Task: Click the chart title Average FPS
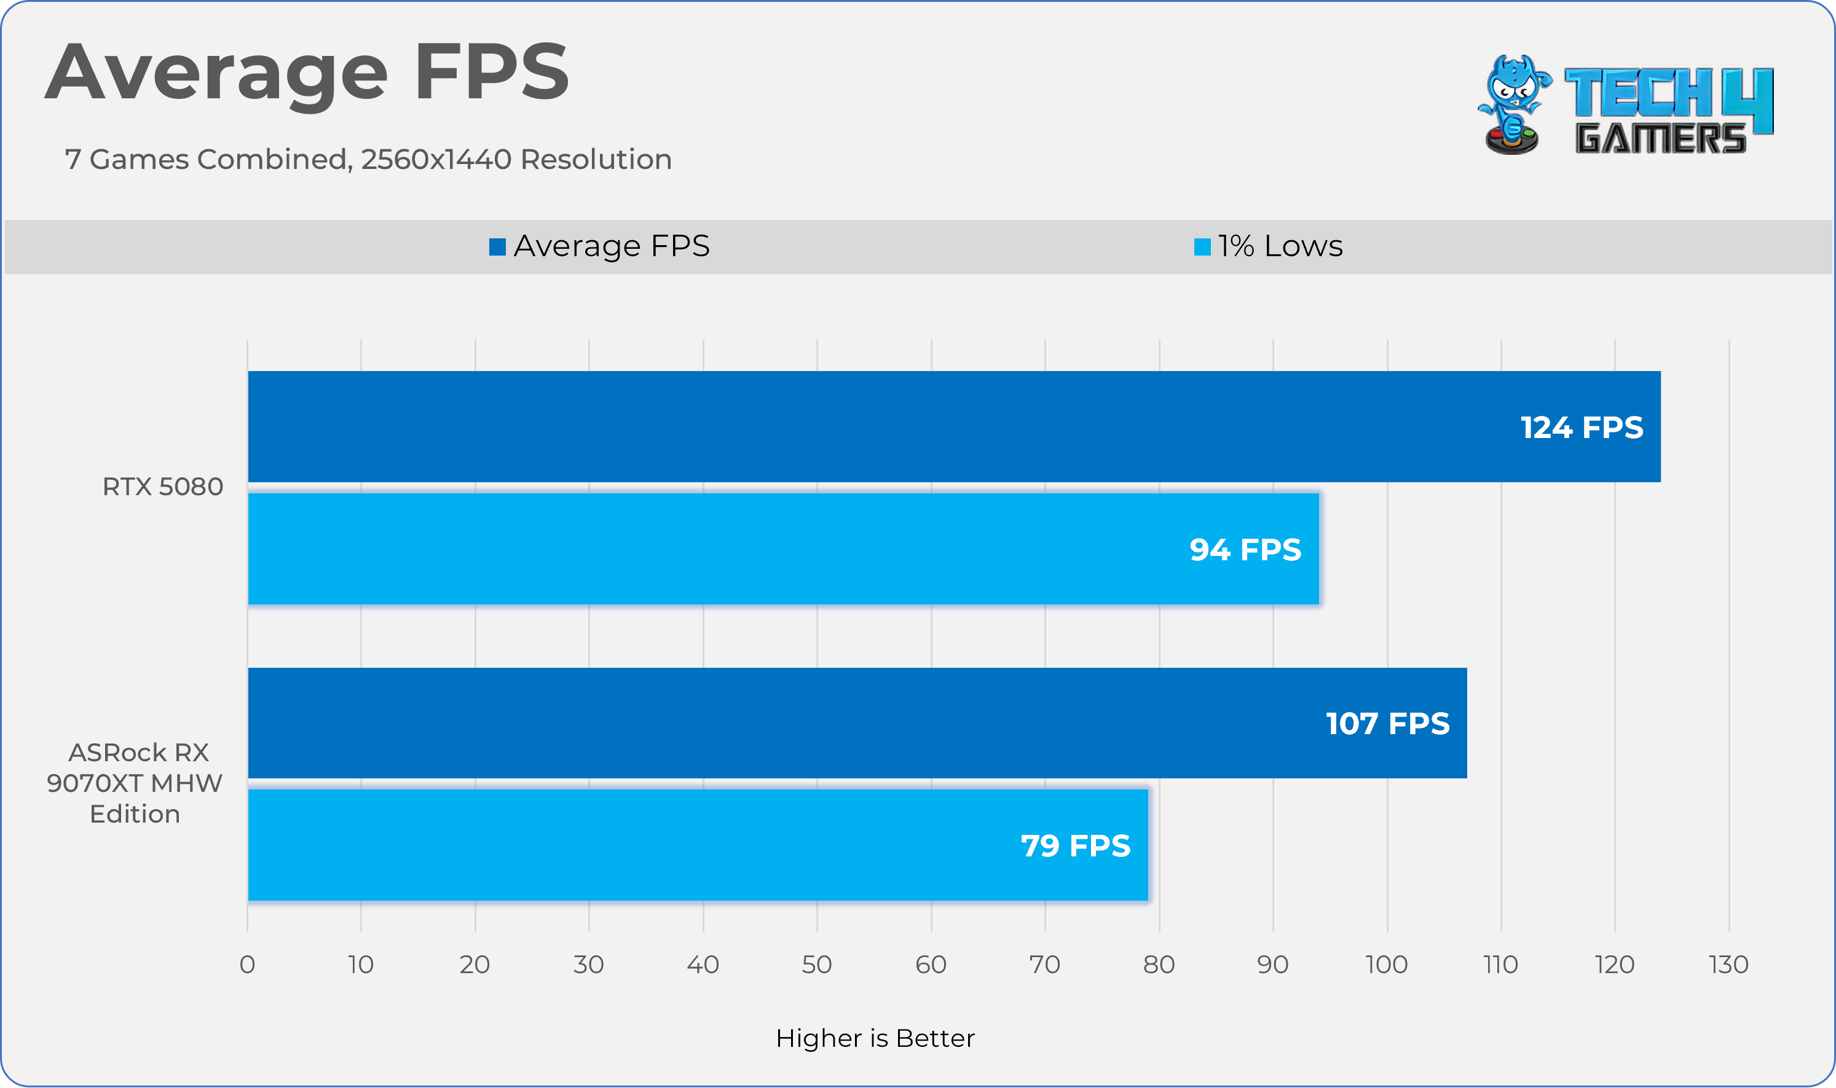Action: (x=307, y=73)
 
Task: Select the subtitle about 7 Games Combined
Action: (x=368, y=159)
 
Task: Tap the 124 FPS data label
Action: (x=1582, y=428)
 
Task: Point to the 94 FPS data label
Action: (x=1245, y=550)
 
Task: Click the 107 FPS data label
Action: (x=1387, y=724)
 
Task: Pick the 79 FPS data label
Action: (x=1075, y=846)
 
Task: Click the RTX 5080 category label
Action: (x=162, y=487)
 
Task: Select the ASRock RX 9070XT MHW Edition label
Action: (x=135, y=783)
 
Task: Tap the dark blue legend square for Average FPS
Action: (x=497, y=247)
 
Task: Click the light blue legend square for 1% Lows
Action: (x=1202, y=247)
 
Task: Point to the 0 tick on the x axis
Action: (x=247, y=965)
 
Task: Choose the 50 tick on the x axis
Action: (x=816, y=965)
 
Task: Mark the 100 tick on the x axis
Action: (x=1386, y=965)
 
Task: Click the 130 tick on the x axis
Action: (x=1728, y=965)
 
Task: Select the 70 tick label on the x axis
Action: (x=1044, y=965)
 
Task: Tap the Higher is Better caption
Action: (x=875, y=1039)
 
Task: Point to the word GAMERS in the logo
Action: (x=1661, y=139)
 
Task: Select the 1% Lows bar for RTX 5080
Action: (x=733, y=550)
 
